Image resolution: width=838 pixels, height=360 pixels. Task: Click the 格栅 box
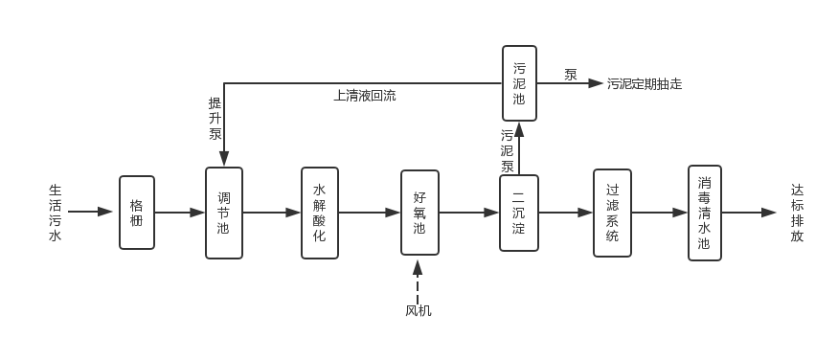[137, 213]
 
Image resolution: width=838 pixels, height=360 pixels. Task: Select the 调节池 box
[223, 213]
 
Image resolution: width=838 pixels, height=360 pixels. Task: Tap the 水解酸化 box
[320, 213]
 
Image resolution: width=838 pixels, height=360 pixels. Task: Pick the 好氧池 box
[419, 213]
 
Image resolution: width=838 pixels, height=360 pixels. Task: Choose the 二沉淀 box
[519, 213]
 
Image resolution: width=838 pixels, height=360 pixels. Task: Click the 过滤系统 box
[612, 213]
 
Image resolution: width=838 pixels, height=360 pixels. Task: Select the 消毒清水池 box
[704, 213]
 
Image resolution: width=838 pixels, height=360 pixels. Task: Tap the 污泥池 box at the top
[519, 83]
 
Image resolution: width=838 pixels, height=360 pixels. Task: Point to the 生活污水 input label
[56, 213]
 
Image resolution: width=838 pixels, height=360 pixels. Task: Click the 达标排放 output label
[797, 213]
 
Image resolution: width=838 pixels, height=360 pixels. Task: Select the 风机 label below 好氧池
[419, 310]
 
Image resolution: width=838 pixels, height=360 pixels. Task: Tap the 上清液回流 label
[364, 96]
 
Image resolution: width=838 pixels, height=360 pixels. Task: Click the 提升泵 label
[215, 118]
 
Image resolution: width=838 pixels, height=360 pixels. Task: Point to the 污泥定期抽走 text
[645, 84]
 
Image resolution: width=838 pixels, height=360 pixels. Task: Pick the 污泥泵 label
[508, 150]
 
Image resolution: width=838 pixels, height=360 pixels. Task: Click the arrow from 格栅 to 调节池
[180, 213]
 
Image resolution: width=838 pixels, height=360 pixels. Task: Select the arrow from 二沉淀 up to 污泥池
[519, 148]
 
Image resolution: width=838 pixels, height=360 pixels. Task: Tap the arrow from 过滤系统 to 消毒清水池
[659, 213]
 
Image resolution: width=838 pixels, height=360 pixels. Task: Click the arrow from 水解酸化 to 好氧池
[370, 213]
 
